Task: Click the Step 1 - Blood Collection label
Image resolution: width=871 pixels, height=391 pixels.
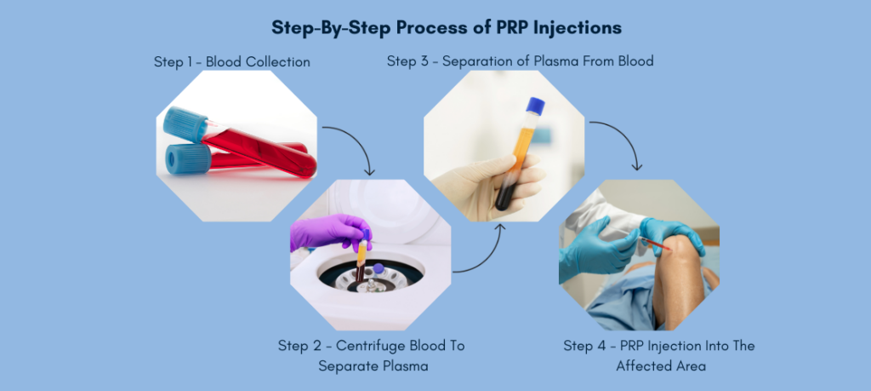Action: (231, 62)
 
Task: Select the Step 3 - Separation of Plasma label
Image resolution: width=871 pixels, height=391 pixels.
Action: (520, 61)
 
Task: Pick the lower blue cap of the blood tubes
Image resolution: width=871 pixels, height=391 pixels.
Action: (189, 159)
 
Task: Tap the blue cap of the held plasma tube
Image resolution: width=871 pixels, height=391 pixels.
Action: (535, 106)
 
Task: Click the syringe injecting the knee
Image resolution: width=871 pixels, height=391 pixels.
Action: (655, 245)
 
